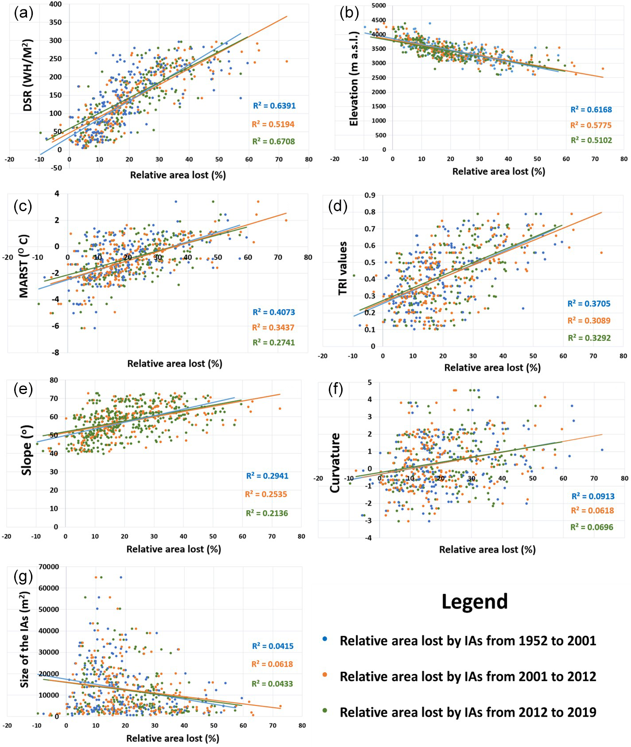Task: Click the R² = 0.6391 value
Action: (274, 106)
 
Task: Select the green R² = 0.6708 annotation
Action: (273, 141)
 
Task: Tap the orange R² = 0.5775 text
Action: (591, 125)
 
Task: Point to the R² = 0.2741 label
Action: (273, 342)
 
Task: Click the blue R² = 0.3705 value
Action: (589, 304)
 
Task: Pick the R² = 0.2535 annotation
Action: (266, 494)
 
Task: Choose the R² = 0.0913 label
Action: (592, 496)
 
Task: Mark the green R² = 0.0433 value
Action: (272, 684)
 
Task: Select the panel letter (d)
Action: (338, 206)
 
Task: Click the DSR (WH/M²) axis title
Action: (27, 75)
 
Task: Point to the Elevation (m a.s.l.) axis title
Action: (354, 79)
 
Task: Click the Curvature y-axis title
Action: (335, 463)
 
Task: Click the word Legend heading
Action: (475, 601)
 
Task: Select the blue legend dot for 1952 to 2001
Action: (325, 639)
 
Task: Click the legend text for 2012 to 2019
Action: (467, 712)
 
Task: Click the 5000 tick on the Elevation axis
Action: (378, 6)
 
